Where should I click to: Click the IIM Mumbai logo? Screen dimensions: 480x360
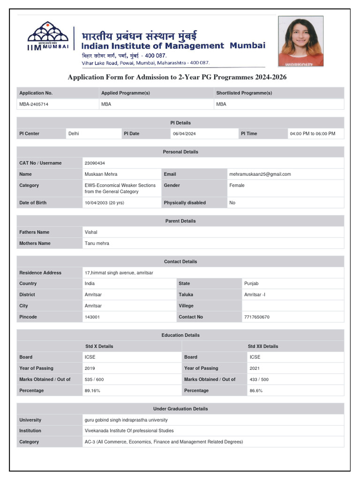[x=48, y=36]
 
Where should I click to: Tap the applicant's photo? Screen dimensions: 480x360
[x=300, y=41]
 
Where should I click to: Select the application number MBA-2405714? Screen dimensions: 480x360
[x=34, y=104]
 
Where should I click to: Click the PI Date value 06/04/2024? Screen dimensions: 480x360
[x=184, y=134]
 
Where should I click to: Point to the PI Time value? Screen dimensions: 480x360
[x=313, y=134]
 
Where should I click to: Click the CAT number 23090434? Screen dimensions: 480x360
[x=95, y=163]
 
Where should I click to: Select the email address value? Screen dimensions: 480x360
[x=260, y=174]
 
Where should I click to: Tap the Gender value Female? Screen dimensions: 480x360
[x=237, y=185]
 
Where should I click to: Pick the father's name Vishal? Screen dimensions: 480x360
[x=91, y=232]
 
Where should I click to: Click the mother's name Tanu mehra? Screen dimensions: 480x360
[x=97, y=243]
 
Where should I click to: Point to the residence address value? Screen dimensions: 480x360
[x=119, y=273]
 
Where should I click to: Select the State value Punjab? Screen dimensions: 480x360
[x=251, y=284]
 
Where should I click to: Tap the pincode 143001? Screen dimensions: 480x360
[x=92, y=317]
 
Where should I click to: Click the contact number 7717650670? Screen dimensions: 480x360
[x=257, y=317]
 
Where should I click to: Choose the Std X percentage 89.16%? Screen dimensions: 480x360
[x=92, y=390]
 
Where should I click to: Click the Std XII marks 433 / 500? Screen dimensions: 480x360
[x=259, y=379]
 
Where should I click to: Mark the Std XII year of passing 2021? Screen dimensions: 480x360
[x=255, y=368]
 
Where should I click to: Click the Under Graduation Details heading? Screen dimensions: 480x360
[x=180, y=409]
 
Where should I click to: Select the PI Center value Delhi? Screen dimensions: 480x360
[x=74, y=134]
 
